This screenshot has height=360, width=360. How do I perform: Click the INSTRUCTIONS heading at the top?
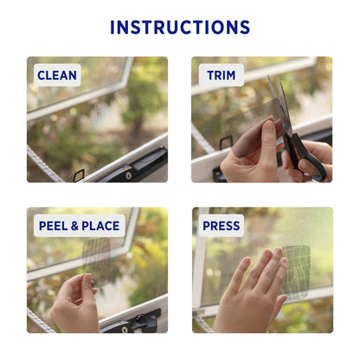[x=180, y=27]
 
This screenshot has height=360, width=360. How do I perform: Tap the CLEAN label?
[x=57, y=75]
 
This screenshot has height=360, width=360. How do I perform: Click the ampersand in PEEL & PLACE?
[x=75, y=226]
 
